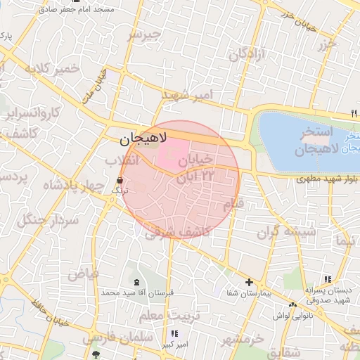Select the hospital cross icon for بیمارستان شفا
[x=248, y=283]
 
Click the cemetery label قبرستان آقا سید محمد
[x=138, y=292]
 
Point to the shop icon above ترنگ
[x=117, y=180]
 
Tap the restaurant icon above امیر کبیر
[x=174, y=333]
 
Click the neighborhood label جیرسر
[x=143, y=35]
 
